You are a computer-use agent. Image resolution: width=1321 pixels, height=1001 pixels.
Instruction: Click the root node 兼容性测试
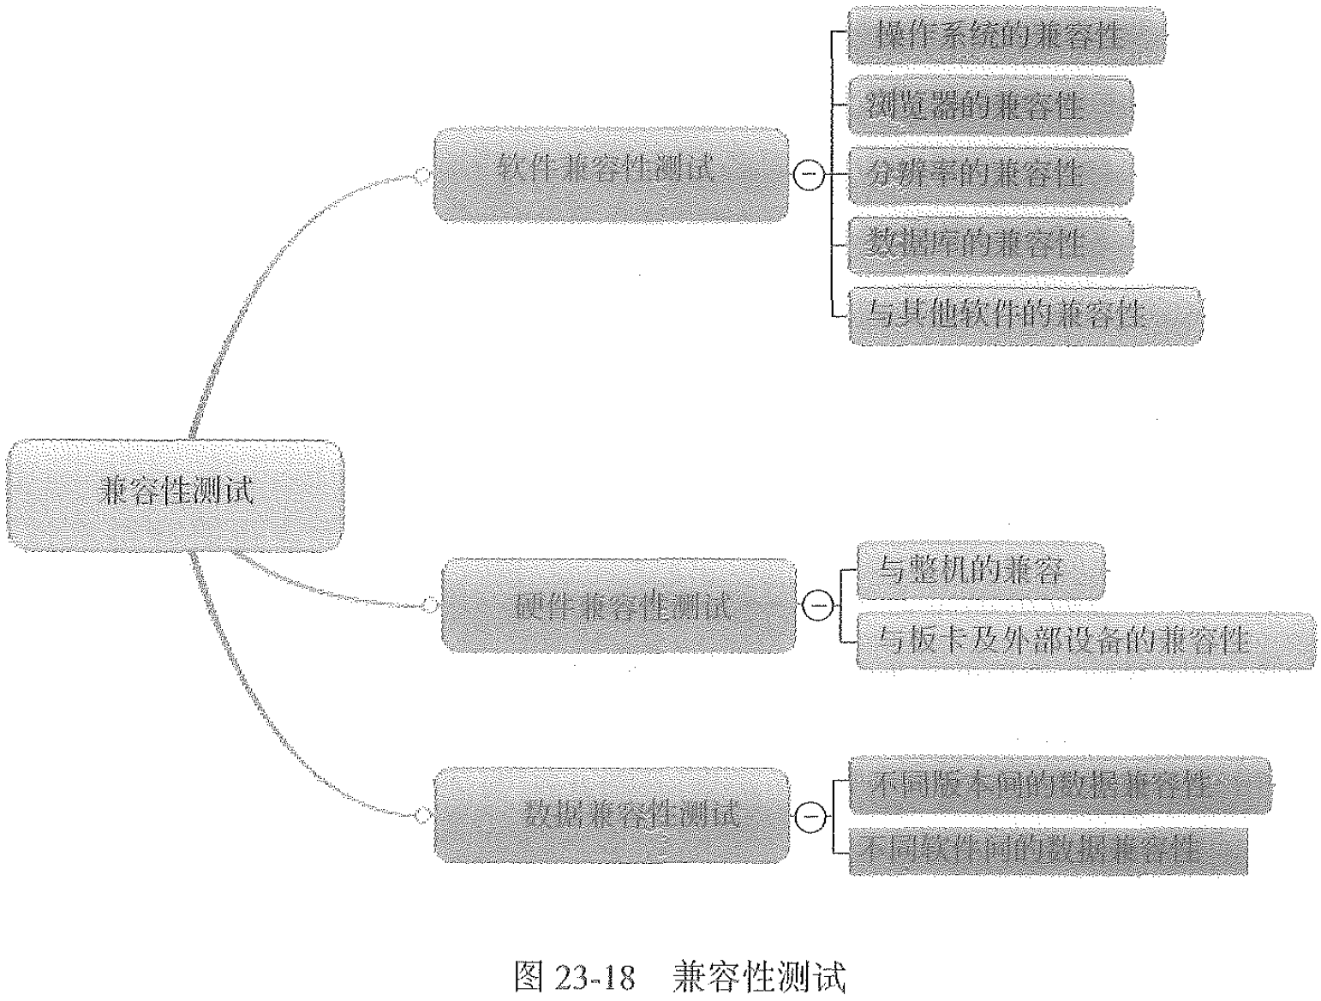(x=176, y=495)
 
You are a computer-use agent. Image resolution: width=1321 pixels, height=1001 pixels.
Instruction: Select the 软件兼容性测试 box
(x=610, y=175)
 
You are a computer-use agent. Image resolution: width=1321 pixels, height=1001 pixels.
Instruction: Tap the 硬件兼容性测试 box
(x=618, y=605)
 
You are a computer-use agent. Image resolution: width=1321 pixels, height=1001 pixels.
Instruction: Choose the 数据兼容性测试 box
(x=611, y=815)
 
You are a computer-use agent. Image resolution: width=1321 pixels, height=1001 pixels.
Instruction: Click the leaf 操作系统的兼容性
(x=1006, y=35)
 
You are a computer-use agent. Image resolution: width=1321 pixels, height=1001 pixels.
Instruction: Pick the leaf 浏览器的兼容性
(x=989, y=106)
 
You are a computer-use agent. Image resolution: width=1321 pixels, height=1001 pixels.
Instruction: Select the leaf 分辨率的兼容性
(x=989, y=176)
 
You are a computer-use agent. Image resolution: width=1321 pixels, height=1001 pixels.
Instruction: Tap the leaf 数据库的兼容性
(x=989, y=246)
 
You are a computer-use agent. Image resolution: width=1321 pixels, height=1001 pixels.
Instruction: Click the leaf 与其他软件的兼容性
(x=1025, y=315)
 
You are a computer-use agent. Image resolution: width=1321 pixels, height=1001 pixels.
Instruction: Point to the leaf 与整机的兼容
(x=979, y=570)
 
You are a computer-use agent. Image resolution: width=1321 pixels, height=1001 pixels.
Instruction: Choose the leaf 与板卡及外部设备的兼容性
(x=1085, y=640)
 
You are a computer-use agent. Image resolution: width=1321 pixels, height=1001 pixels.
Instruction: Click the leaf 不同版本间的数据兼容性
(x=1058, y=784)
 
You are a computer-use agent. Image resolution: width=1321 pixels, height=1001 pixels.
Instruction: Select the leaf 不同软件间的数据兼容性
(x=1047, y=851)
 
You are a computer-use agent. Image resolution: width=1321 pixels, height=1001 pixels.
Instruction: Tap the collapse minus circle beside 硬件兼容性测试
(x=818, y=606)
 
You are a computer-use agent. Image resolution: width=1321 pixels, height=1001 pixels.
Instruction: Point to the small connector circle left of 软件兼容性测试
(x=421, y=176)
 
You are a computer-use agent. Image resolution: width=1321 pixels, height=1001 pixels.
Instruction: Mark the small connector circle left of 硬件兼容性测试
(x=428, y=606)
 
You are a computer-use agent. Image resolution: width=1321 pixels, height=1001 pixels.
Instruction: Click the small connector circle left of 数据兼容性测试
(x=421, y=816)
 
